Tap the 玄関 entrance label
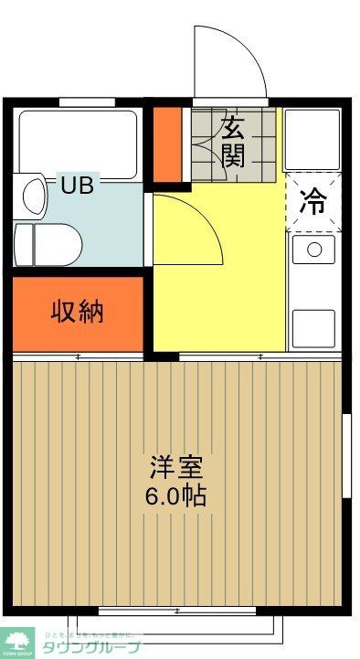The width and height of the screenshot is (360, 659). point(233,142)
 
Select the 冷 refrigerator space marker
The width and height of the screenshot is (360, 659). point(312,202)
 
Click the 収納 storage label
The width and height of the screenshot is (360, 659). point(77,312)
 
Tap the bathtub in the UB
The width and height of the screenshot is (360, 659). point(78,143)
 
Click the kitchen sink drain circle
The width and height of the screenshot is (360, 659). point(314,249)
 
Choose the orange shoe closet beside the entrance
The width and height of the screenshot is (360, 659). point(166,144)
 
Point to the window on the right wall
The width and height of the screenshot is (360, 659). point(346,457)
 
